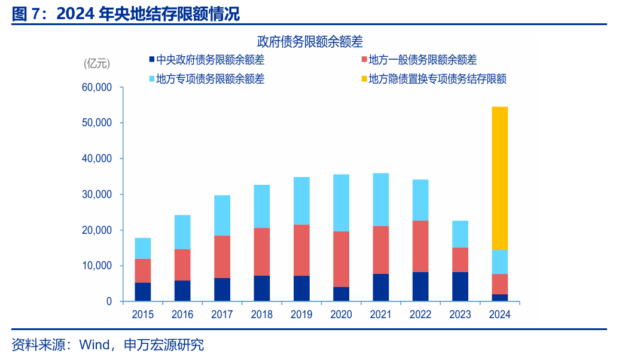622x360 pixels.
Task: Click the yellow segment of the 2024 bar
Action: pos(499,178)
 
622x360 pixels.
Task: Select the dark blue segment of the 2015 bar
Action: pos(143,292)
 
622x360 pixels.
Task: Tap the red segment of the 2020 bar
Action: pos(341,259)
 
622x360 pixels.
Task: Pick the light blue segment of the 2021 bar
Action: pos(380,199)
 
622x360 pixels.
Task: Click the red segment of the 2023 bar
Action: pos(460,260)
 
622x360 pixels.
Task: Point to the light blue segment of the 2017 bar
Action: pos(222,215)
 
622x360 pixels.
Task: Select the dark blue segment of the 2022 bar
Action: pos(420,286)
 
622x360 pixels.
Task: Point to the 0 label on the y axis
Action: pos(109,301)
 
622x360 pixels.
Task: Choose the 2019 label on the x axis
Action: pos(301,315)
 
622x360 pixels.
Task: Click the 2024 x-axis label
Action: pos(499,315)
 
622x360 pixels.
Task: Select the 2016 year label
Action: pos(182,315)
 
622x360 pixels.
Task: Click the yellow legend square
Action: pos(364,78)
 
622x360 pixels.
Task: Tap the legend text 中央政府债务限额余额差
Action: pos(210,60)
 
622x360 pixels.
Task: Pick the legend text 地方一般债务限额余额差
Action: pos(423,60)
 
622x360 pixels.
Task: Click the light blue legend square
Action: pos(151,78)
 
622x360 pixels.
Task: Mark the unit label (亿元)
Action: pos(97,62)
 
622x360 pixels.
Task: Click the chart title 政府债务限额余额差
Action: pos(310,41)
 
